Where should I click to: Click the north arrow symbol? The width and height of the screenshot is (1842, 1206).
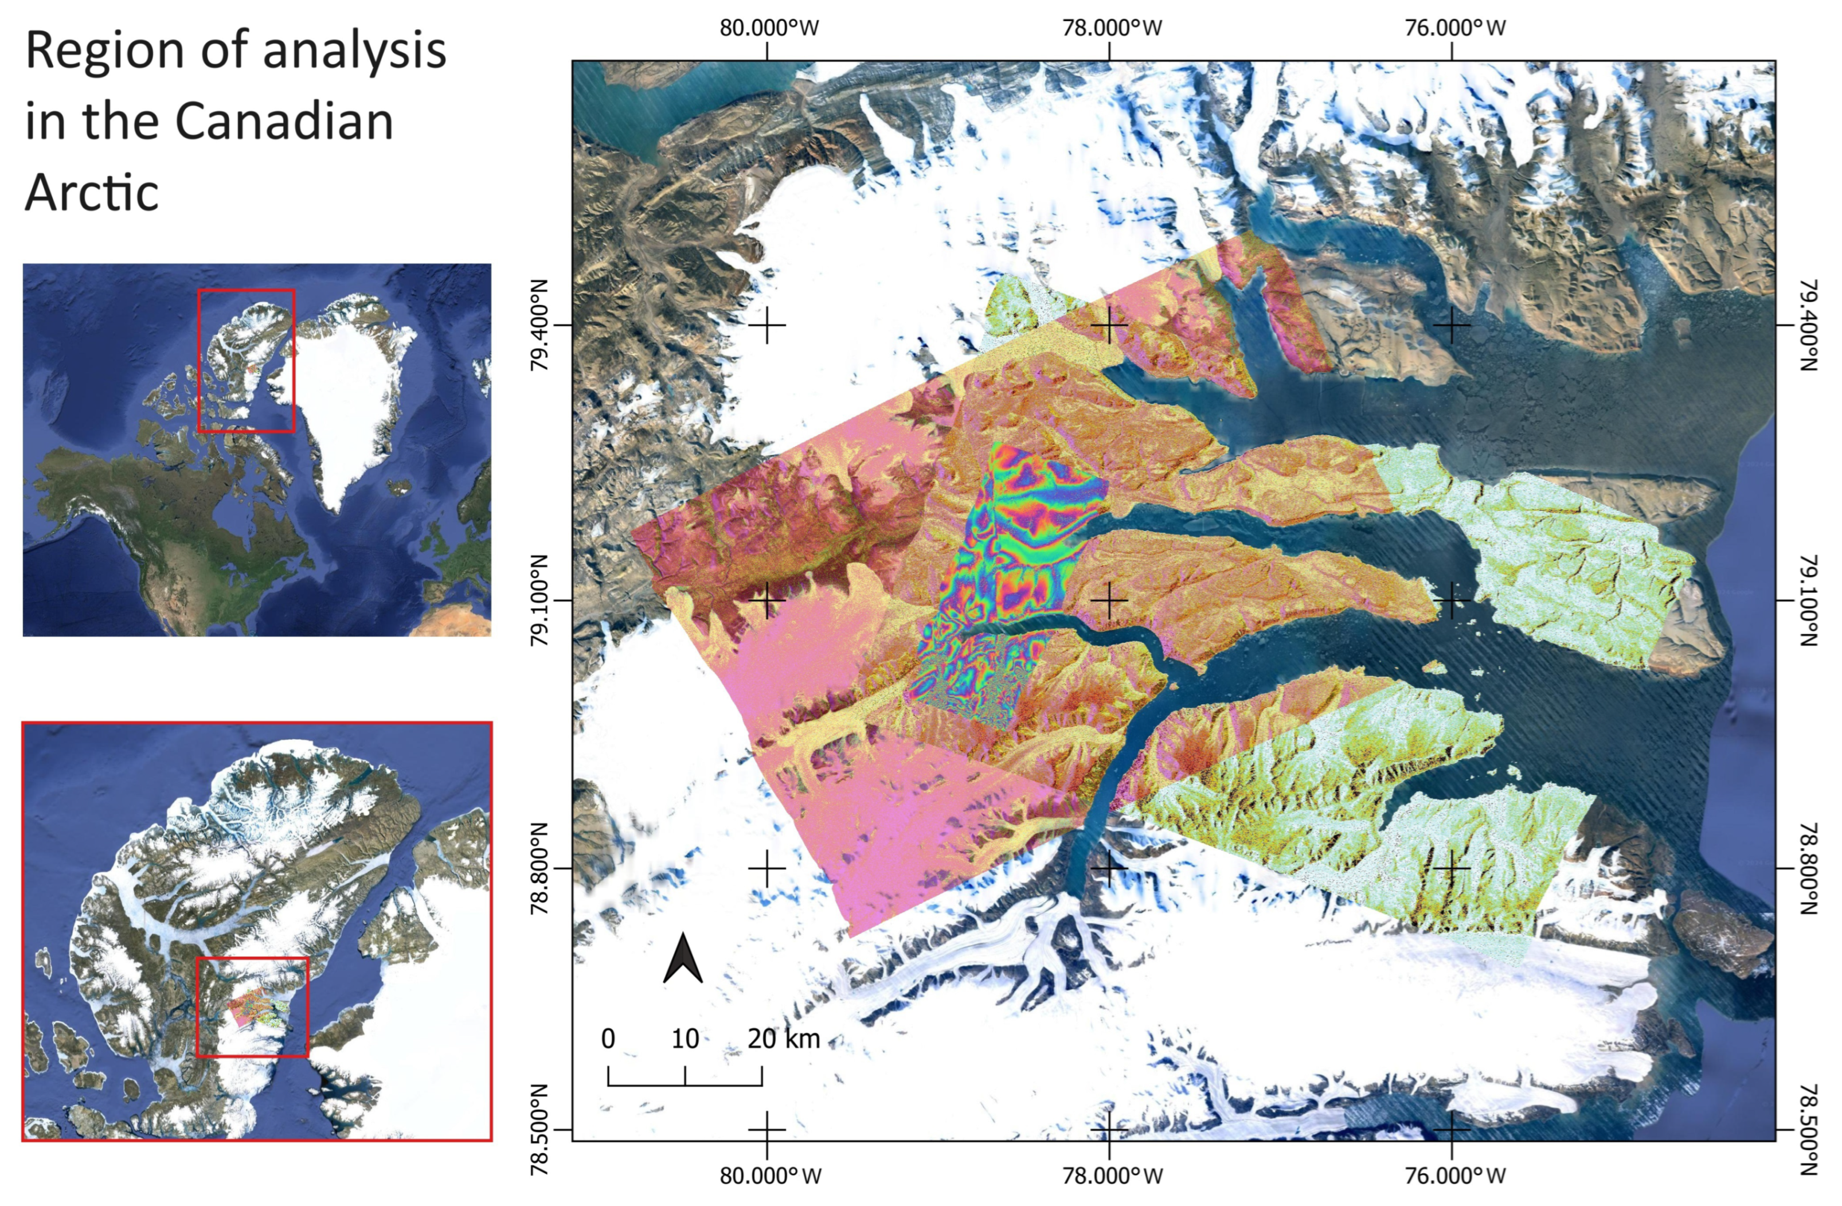683,959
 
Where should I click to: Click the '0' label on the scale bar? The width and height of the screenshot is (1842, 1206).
608,1038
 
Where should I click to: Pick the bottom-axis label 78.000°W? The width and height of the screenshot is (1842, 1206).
1112,1176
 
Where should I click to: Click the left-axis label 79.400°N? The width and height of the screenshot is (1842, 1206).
539,325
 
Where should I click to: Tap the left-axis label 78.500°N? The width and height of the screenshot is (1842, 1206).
539,1129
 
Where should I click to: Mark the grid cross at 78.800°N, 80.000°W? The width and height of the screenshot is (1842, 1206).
767,868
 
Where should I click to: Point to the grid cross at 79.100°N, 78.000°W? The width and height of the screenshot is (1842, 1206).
1109,600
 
